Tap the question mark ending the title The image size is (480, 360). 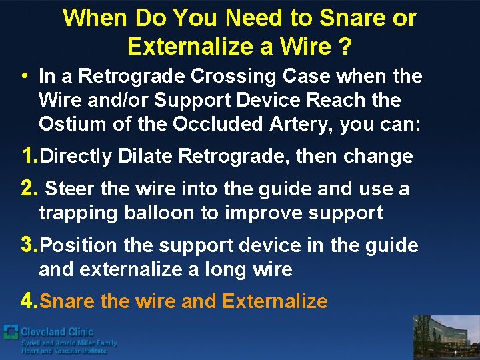(x=345, y=47)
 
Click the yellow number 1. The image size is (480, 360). (x=28, y=156)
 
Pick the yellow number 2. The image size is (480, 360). (x=28, y=189)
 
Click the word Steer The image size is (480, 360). (x=70, y=189)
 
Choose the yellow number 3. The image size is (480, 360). (x=28, y=245)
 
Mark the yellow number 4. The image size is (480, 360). (x=28, y=301)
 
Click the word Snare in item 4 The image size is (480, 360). (x=67, y=301)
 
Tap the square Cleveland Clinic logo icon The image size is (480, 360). (x=11, y=332)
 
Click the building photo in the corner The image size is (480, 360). (x=446, y=337)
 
